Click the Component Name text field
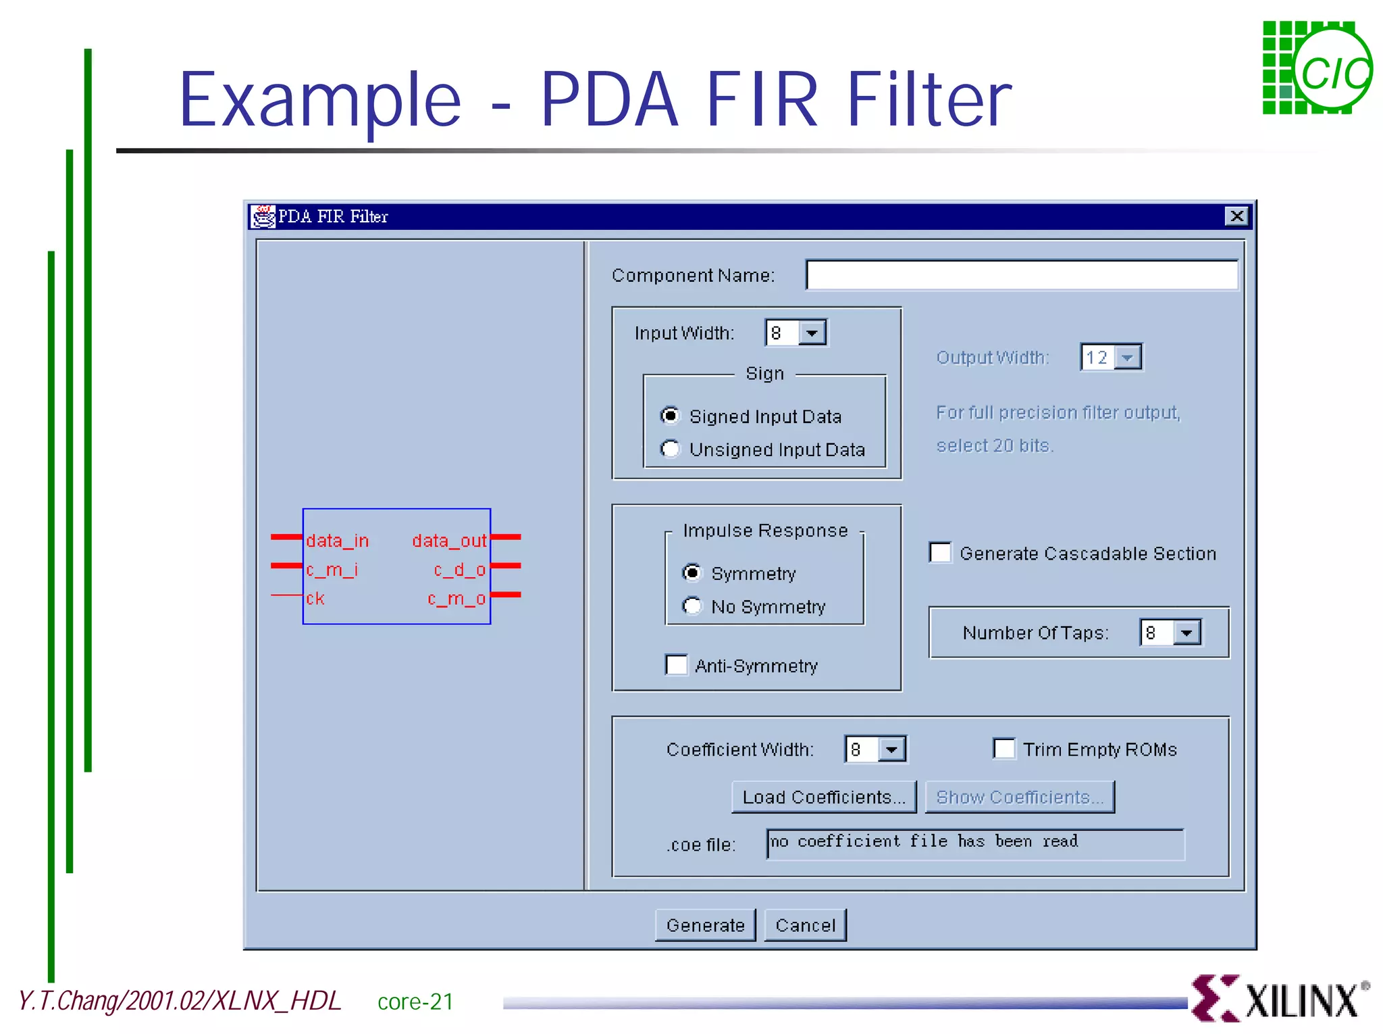[1021, 275]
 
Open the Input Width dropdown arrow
[812, 333]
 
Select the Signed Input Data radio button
[670, 415]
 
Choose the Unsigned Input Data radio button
[670, 449]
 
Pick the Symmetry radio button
[692, 572]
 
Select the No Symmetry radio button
[692, 606]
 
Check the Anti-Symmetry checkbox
[676, 665]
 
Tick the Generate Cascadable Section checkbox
[941, 553]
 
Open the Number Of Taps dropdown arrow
[1187, 633]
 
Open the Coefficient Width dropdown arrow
[892, 749]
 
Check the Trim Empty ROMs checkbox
[1004, 749]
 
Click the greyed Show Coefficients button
[1019, 797]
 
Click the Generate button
[705, 925]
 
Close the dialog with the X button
[1236, 216]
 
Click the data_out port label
[449, 541]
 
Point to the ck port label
[315, 599]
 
